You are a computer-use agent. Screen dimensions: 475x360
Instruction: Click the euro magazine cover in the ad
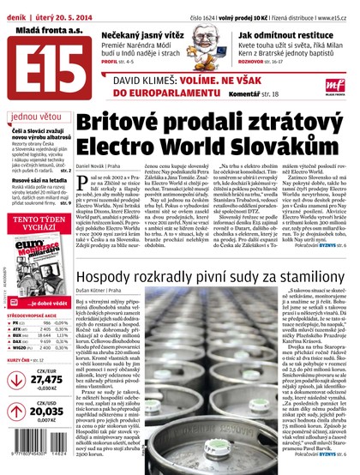click(x=39, y=262)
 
